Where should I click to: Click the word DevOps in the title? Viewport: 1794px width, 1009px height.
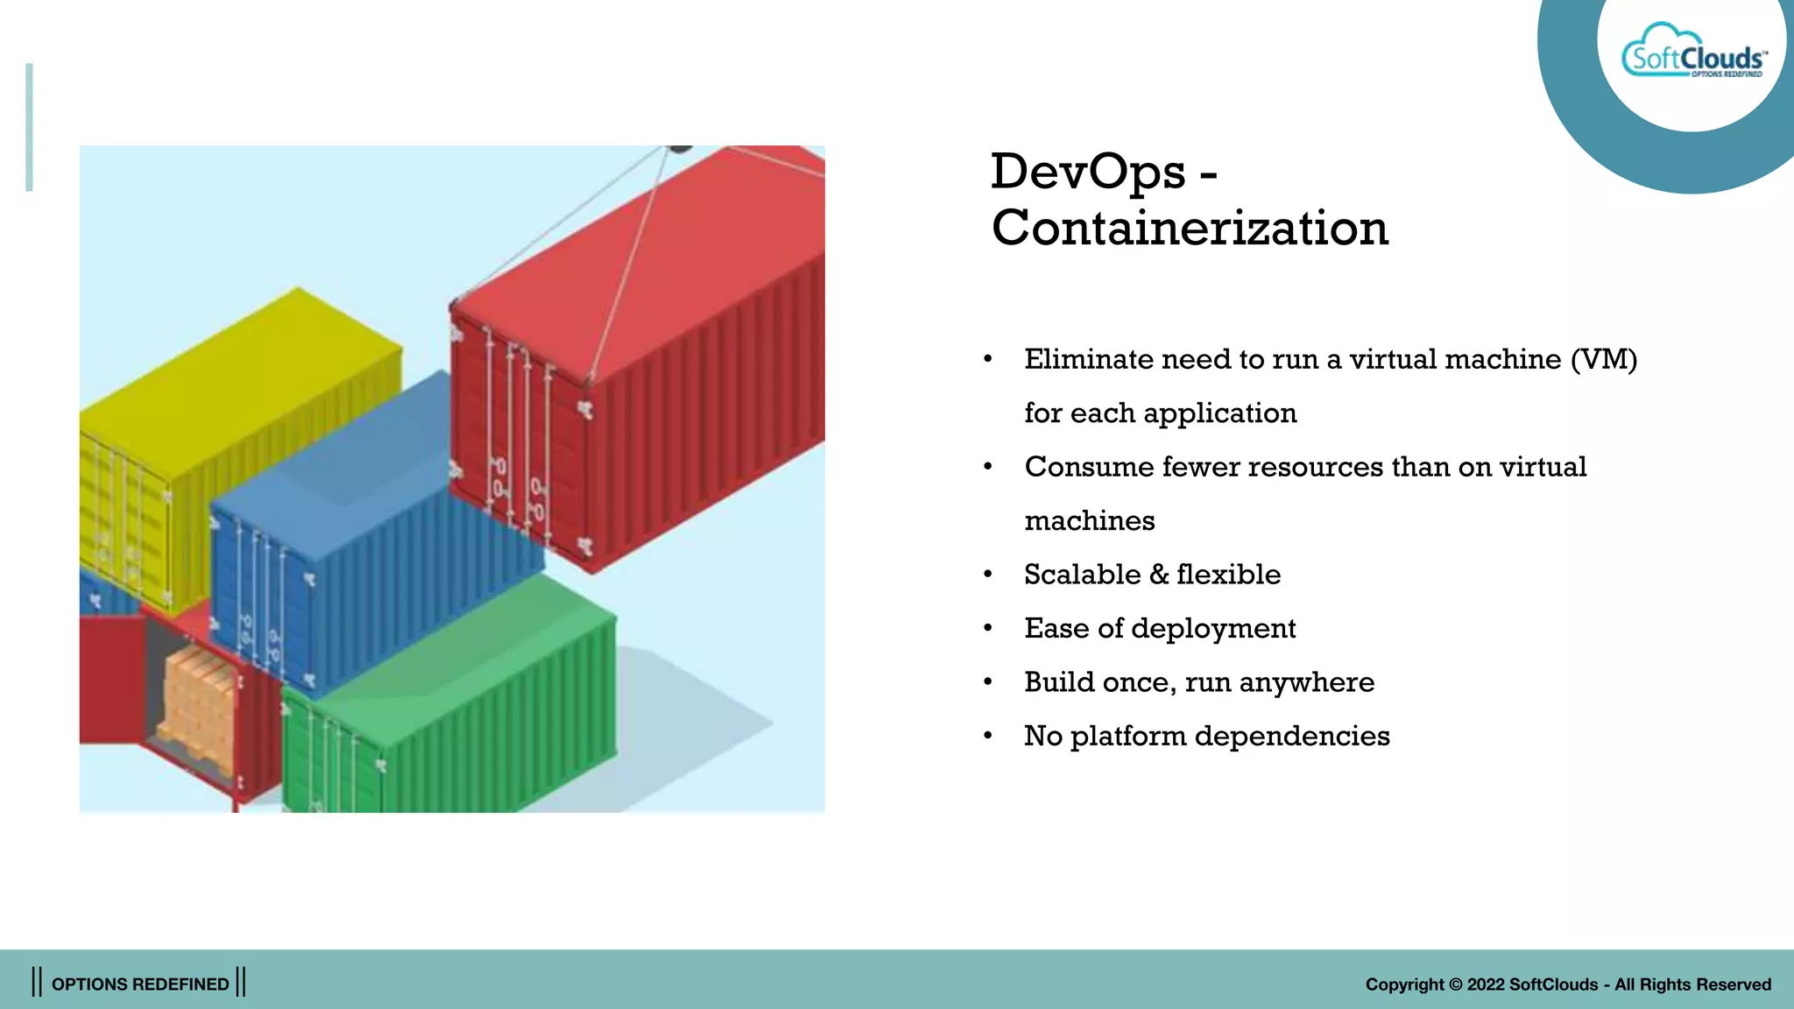(1088, 172)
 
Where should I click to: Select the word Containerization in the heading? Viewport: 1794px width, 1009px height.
(1190, 229)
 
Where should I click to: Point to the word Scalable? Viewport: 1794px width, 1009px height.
(1083, 575)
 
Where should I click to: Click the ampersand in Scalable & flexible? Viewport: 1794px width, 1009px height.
(1158, 575)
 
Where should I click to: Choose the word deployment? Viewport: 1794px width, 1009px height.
(1213, 629)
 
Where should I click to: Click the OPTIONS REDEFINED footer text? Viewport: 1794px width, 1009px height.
(140, 984)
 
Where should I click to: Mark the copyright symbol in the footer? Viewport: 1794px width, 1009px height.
(1456, 984)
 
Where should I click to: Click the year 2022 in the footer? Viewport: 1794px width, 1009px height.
(1486, 984)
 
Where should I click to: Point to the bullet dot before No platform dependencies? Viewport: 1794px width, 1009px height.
(988, 737)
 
